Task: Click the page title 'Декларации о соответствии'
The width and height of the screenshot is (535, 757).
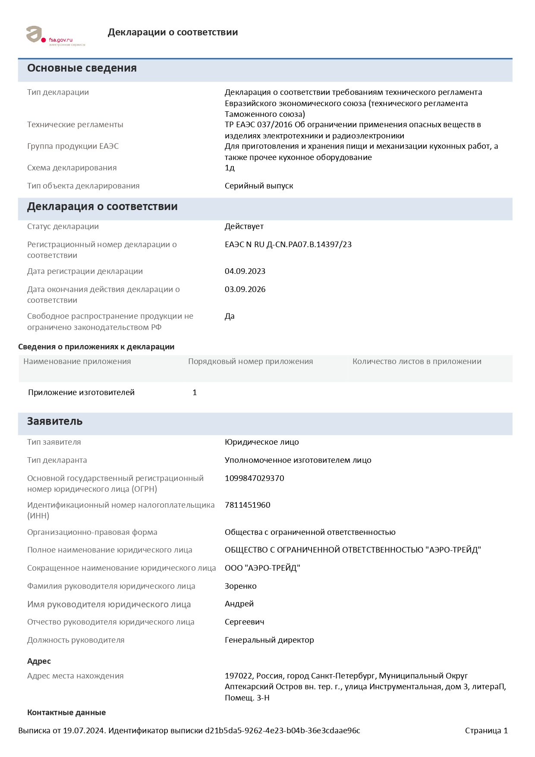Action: click(x=173, y=32)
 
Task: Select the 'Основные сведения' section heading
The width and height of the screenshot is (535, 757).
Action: click(x=82, y=68)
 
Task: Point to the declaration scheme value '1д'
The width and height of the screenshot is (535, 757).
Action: click(x=230, y=168)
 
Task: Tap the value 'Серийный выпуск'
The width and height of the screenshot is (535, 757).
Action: click(x=259, y=186)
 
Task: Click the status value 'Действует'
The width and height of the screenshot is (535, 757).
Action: click(x=244, y=226)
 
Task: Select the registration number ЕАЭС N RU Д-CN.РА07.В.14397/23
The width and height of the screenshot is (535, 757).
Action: click(x=288, y=245)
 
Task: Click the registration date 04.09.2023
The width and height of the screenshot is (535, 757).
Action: click(x=245, y=271)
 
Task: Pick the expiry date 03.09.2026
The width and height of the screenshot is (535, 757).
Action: click(x=245, y=289)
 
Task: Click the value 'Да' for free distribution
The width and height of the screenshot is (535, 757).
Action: click(x=230, y=316)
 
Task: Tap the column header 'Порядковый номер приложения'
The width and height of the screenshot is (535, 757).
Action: click(x=251, y=361)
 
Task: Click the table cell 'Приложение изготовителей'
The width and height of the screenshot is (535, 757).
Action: click(x=82, y=393)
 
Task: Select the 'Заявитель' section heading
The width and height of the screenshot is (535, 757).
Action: click(x=55, y=421)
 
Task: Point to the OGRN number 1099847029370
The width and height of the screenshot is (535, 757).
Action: click(x=255, y=478)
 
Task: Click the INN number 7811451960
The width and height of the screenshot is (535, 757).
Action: click(x=248, y=505)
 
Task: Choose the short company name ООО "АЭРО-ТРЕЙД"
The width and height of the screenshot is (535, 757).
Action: click(x=262, y=568)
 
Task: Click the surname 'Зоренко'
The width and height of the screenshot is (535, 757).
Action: click(x=241, y=586)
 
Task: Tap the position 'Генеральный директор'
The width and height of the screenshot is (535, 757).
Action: click(x=269, y=640)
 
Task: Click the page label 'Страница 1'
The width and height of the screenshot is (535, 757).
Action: click(x=486, y=731)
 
